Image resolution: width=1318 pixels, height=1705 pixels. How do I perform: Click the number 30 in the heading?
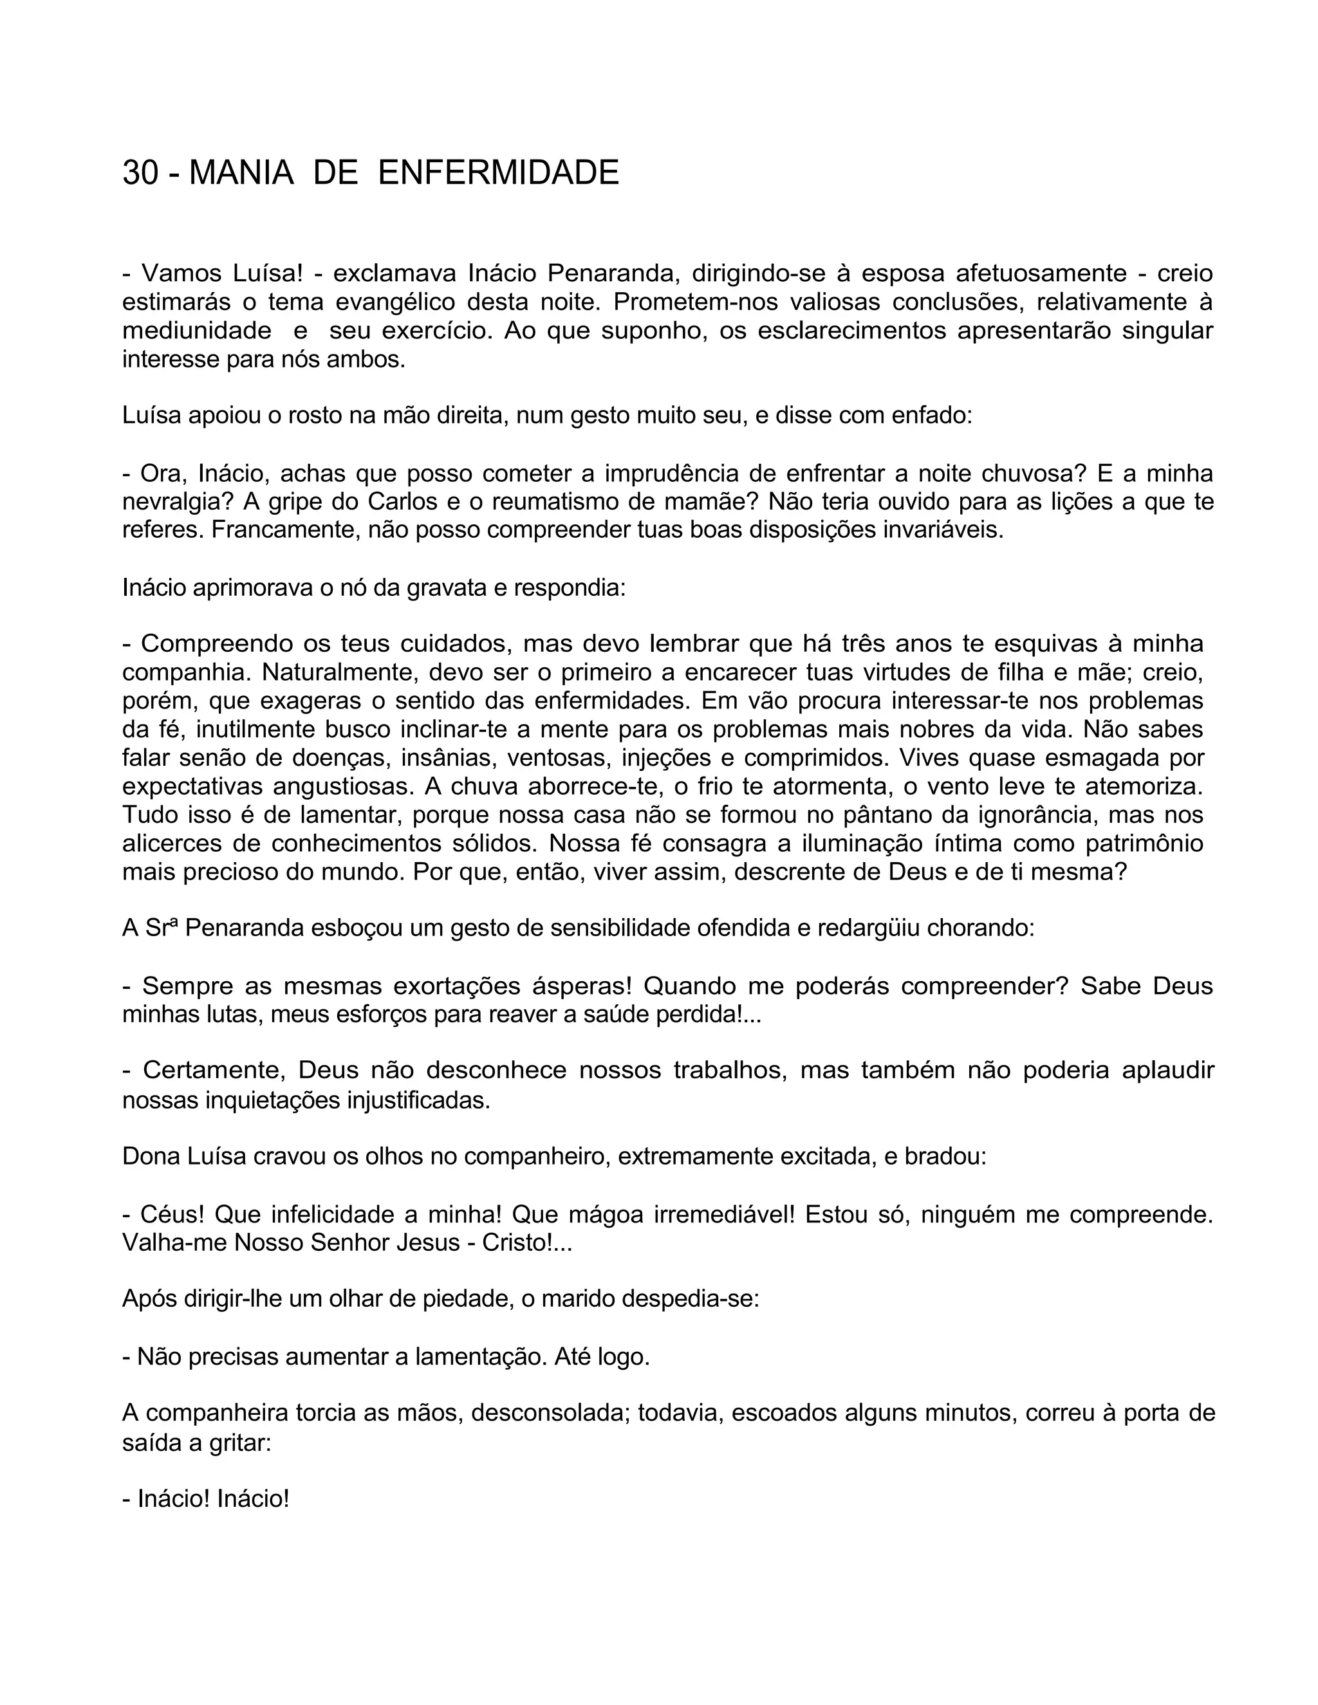[x=140, y=172]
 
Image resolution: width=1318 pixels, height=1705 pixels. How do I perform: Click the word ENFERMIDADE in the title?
[x=498, y=172]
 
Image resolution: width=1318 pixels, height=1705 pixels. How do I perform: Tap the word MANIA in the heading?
[x=241, y=172]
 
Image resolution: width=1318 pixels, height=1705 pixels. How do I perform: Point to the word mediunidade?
[x=197, y=330]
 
